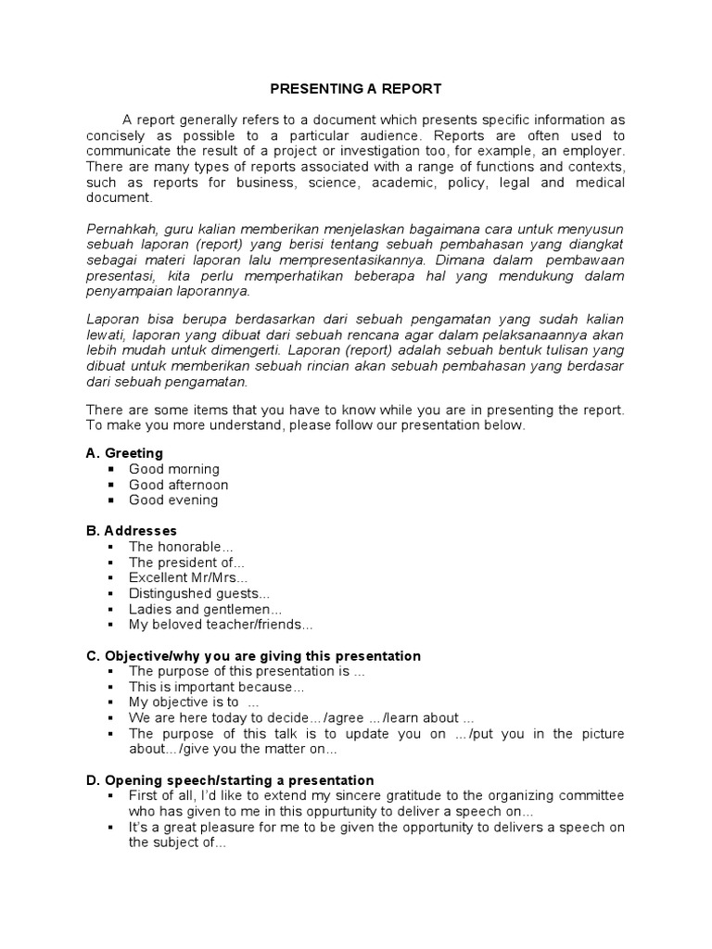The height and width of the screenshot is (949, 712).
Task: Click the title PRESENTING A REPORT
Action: [x=356, y=89]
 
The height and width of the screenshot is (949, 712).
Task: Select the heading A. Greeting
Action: [x=124, y=453]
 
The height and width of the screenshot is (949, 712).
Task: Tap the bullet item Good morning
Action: [x=174, y=469]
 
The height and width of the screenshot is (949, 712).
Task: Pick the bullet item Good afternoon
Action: [x=178, y=485]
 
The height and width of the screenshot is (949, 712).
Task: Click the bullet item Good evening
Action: [x=173, y=500]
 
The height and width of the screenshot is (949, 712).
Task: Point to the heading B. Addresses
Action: [x=131, y=531]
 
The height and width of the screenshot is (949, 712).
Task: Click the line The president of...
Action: [x=186, y=563]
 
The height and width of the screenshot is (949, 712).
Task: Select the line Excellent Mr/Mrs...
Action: [x=188, y=578]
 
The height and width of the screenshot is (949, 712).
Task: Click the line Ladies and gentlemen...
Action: [x=205, y=610]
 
